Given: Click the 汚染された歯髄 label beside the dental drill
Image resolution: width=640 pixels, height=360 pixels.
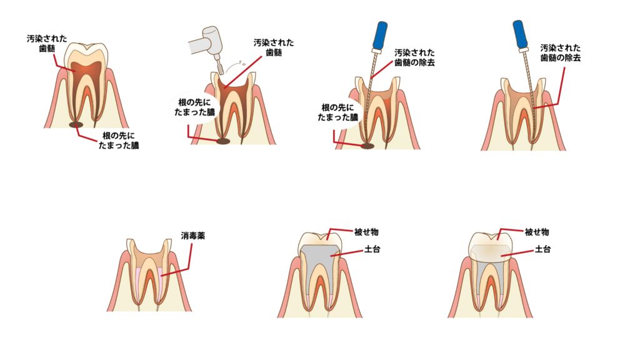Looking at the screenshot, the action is point(274,47).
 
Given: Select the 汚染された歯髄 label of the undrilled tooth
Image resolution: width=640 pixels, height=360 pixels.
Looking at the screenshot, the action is point(47,44).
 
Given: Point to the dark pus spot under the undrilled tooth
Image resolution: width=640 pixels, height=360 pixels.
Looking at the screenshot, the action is point(76,124).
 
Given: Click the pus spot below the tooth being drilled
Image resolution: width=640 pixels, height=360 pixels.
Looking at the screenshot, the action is point(223,141).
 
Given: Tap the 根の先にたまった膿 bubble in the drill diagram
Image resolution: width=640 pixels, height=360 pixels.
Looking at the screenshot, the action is point(194,107).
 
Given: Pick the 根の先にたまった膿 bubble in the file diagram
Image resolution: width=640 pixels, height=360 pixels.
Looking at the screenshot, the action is point(337,112).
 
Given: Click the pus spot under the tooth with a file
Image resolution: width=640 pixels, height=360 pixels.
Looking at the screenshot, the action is point(367,145).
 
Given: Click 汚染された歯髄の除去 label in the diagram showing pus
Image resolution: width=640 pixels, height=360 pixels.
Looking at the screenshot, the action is point(414,58).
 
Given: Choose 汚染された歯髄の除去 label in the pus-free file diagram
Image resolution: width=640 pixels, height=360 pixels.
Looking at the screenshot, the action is point(561,53).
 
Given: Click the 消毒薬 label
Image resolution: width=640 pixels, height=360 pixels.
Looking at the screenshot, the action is point(193,236).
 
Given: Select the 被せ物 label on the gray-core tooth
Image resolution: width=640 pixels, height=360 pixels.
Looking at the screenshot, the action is point(366,232).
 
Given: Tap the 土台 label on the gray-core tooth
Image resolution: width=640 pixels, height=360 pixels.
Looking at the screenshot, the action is point(372,249).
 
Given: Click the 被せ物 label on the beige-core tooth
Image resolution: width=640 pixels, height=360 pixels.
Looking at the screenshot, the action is point(537,232).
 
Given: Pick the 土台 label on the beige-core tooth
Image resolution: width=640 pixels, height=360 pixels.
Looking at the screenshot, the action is point(542,249).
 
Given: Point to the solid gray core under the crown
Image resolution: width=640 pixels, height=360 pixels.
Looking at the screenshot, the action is point(321,261).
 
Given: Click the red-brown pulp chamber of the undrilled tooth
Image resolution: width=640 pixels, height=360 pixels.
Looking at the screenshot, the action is point(85,70).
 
